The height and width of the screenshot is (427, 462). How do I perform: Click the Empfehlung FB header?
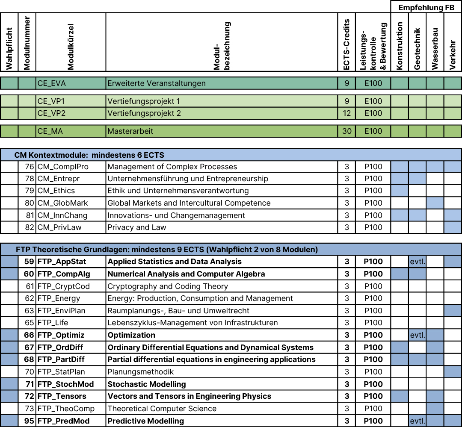[426, 8]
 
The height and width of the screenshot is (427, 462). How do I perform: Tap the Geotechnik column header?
[418, 49]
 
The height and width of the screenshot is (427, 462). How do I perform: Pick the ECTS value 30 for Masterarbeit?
[347, 131]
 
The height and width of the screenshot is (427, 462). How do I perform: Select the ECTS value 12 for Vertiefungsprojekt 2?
[347, 113]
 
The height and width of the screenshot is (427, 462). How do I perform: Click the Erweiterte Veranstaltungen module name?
[156, 83]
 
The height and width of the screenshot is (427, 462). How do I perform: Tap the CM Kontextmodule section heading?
[89, 155]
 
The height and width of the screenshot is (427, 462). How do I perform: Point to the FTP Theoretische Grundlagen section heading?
[167, 249]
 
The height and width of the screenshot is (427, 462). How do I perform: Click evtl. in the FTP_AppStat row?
[418, 262]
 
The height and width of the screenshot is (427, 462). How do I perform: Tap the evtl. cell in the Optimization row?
[418, 335]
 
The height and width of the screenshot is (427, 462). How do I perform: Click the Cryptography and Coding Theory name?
[168, 286]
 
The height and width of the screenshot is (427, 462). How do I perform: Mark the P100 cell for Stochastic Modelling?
[373, 384]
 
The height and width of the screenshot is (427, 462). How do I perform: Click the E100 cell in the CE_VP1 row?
[373, 101]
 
